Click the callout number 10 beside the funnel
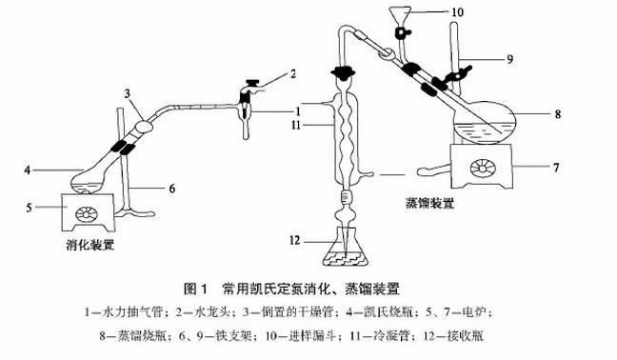click(x=457, y=12)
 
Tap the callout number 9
click(x=510, y=59)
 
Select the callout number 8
click(x=558, y=114)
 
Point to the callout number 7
click(x=556, y=168)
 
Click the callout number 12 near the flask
click(x=295, y=240)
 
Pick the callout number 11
click(x=296, y=125)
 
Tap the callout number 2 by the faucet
click(x=292, y=73)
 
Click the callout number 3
click(x=127, y=93)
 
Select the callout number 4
click(x=28, y=170)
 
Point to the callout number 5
click(x=29, y=207)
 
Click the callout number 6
click(x=172, y=189)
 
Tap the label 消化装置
click(x=90, y=246)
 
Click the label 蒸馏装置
click(x=429, y=204)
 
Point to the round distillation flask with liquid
click(x=484, y=122)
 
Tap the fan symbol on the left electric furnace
click(x=87, y=213)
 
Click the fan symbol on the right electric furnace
click(x=483, y=168)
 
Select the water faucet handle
click(x=252, y=82)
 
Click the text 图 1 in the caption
click(x=195, y=289)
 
